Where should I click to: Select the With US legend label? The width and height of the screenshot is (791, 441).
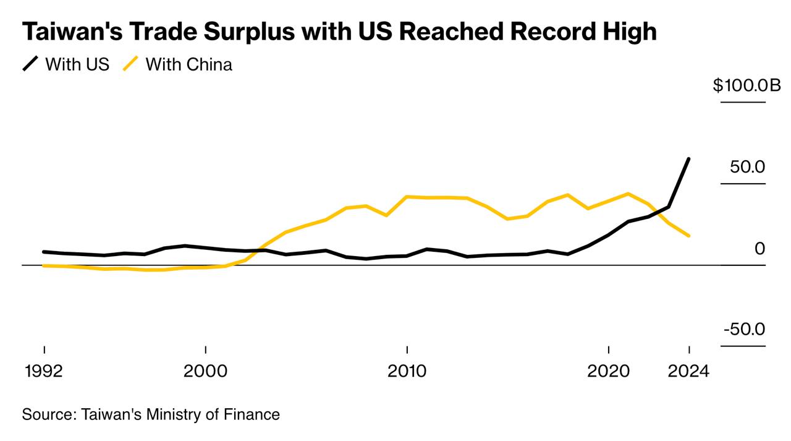77,64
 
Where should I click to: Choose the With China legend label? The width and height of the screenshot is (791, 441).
189,64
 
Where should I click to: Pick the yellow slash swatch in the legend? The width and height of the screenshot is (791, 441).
130,64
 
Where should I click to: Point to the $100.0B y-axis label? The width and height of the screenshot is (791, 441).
747,85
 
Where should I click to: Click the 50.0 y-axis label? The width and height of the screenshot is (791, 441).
747,167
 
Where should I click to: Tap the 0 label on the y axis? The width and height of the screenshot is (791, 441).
759,249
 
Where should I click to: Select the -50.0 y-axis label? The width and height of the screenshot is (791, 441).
744,329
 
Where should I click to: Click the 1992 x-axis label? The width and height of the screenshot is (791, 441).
44,372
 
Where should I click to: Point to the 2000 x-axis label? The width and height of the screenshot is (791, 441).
206,372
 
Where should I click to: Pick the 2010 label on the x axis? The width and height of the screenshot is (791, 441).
407,372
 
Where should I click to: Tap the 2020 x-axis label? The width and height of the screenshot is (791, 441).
609,372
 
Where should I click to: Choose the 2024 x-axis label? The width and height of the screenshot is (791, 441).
688,372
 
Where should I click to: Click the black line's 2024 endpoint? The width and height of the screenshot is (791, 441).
688,159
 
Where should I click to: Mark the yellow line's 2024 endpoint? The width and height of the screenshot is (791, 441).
688,236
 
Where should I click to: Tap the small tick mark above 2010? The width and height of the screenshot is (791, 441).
407,349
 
